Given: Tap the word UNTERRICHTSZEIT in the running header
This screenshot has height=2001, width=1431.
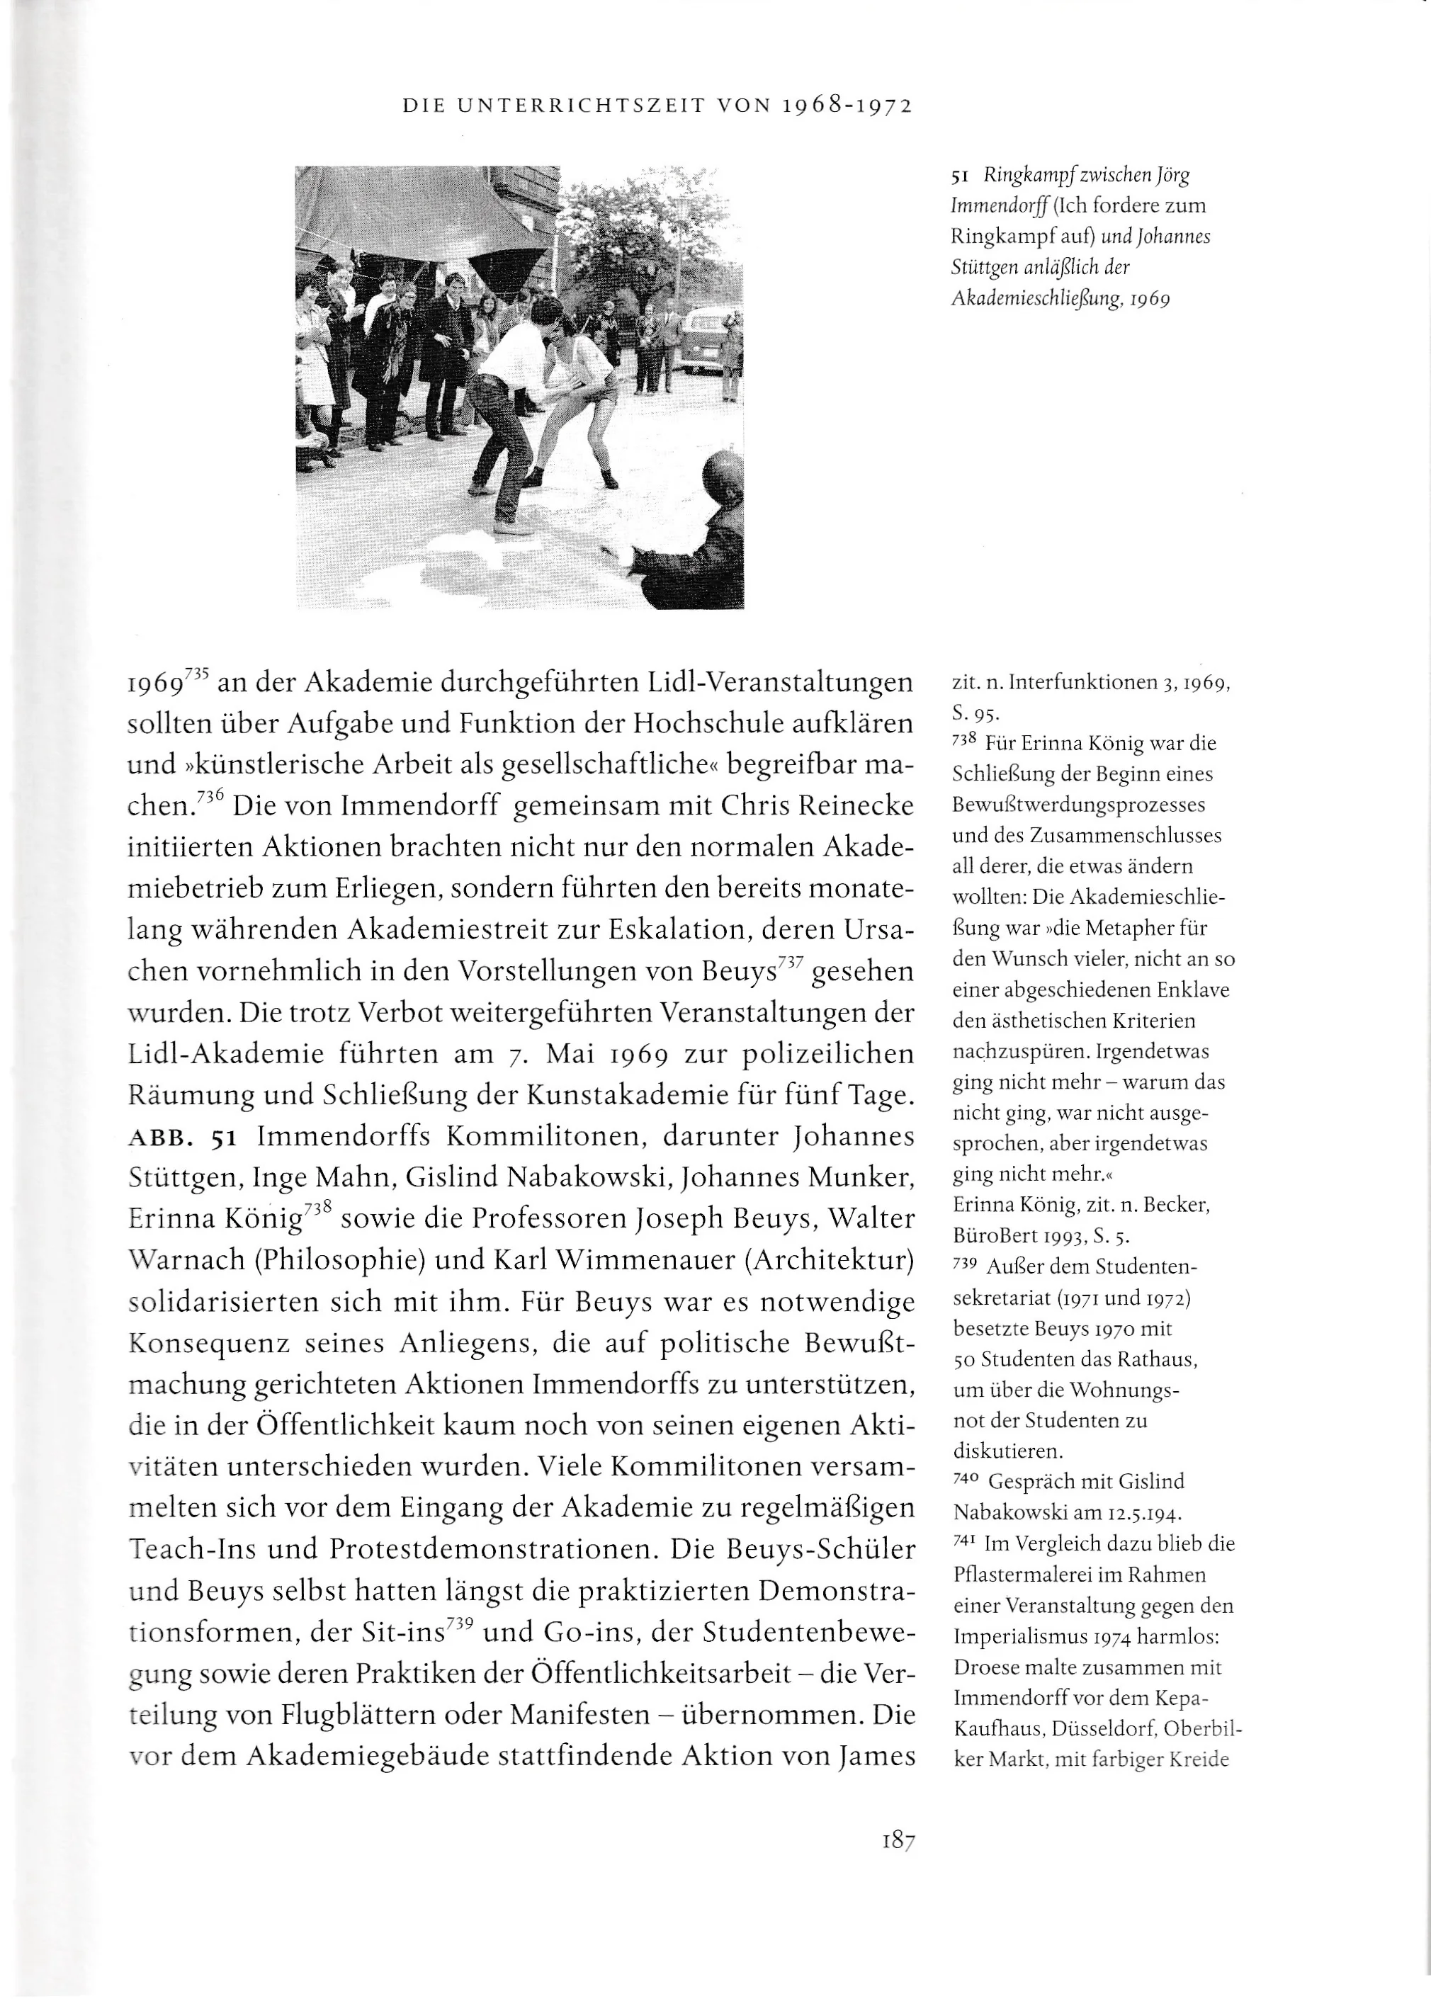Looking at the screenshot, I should point(579,107).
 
